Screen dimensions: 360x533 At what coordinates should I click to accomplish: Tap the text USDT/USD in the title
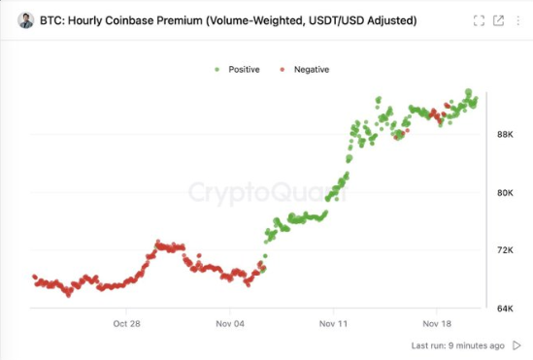point(357,20)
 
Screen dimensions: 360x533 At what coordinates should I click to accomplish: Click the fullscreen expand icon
point(478,20)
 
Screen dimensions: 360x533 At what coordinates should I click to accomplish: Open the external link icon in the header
point(498,20)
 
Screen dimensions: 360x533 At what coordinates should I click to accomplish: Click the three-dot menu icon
point(519,20)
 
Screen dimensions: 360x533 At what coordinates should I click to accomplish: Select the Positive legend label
point(244,70)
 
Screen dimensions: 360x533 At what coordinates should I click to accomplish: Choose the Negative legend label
point(311,70)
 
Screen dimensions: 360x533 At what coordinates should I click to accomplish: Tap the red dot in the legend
point(282,70)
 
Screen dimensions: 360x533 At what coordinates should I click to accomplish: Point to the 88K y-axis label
point(505,135)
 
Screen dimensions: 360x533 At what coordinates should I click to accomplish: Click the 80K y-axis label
point(505,193)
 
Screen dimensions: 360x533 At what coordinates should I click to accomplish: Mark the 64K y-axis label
point(505,309)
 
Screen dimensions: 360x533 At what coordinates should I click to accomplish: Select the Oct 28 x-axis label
point(127,324)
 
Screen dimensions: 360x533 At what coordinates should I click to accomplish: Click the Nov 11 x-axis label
point(334,324)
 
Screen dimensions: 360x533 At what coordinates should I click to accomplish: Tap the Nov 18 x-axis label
point(437,324)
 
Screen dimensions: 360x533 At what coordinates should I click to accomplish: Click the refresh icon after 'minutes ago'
point(515,345)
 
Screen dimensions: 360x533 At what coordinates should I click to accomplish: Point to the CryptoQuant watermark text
point(266,192)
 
